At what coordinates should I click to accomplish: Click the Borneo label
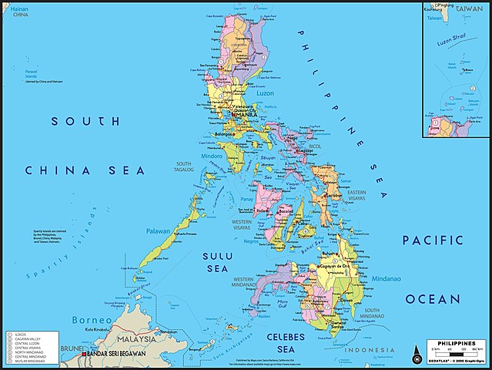87,319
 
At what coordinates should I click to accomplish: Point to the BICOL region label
316,145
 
